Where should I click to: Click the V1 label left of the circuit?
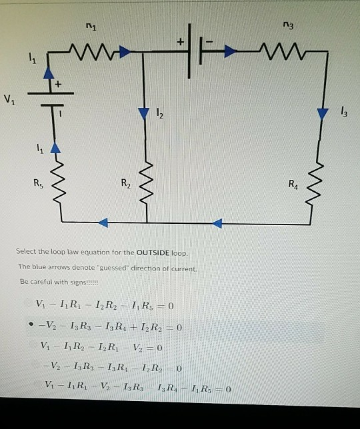[x=8, y=101]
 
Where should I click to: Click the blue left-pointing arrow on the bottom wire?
[x=103, y=222]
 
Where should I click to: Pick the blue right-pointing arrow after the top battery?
[x=227, y=49]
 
